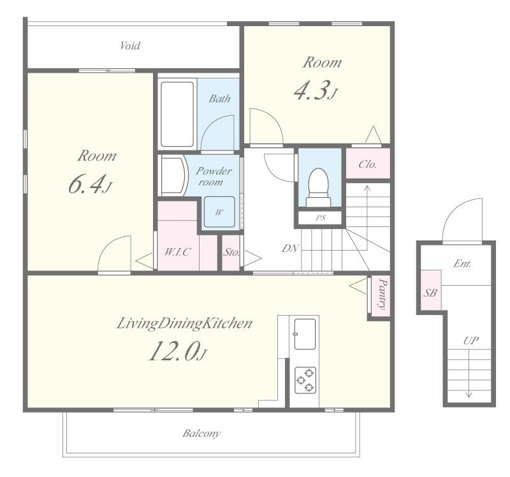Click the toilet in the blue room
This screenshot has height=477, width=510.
(x=318, y=187)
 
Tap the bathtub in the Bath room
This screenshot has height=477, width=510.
(x=177, y=114)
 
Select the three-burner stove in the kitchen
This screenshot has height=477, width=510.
(x=305, y=379)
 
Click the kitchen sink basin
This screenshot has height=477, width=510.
(x=305, y=334)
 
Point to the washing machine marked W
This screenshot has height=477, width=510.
(x=219, y=212)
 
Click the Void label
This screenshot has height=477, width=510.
(x=130, y=45)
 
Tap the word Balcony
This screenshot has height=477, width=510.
(x=201, y=433)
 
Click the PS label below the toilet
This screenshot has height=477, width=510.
(x=321, y=217)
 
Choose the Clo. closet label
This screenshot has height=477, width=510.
(x=368, y=164)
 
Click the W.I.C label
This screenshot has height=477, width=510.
(x=178, y=251)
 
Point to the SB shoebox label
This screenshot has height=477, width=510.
(x=430, y=293)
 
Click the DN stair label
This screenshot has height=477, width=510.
(x=290, y=248)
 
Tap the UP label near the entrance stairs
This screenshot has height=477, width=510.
(x=470, y=341)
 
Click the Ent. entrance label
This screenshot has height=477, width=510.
(x=462, y=263)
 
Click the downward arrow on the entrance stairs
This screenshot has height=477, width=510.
(x=469, y=374)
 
